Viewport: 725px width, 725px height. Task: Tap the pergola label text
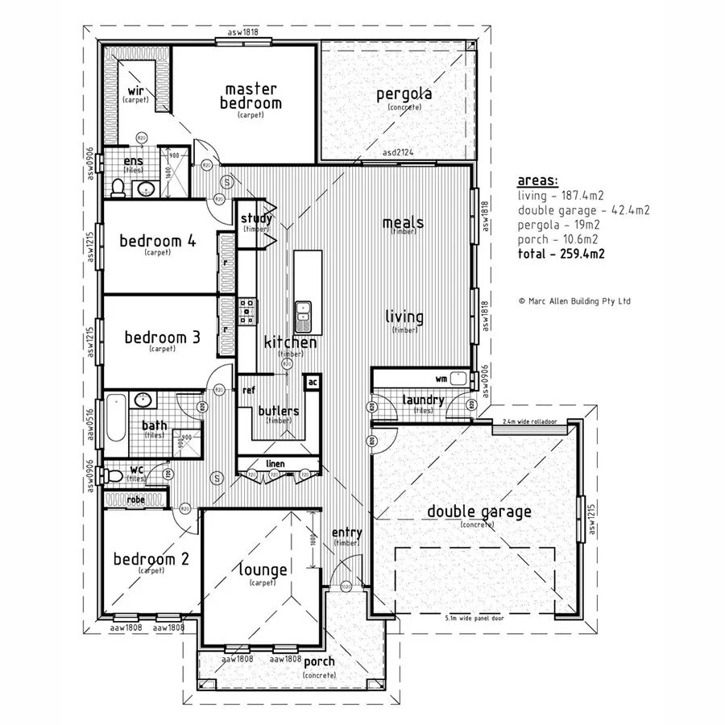tap(404, 94)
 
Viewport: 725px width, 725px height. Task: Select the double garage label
tap(478, 512)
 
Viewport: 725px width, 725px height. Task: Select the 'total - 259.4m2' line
tap(561, 254)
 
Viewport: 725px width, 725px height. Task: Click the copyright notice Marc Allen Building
tap(575, 301)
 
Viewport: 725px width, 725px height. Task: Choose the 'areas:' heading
tap(537, 180)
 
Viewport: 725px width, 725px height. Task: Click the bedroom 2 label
tap(151, 559)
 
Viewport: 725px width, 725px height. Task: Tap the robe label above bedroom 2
tap(135, 500)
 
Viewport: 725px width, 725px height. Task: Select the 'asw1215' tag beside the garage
tap(592, 519)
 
